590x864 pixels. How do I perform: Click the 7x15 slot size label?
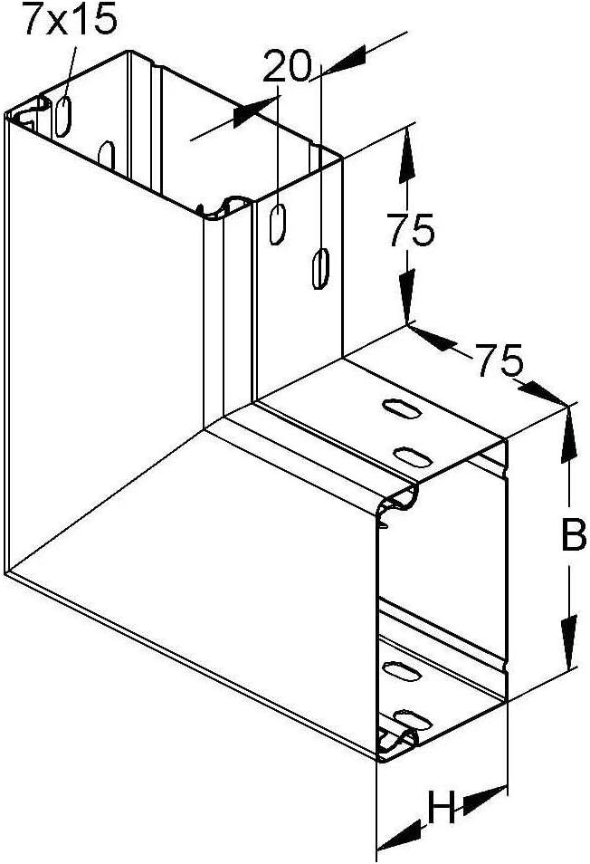(70, 19)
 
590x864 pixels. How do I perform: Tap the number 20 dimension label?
(287, 65)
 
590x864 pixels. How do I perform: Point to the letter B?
(573, 536)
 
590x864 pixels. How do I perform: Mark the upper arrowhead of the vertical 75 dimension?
(408, 150)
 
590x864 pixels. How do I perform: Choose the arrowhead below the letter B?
(569, 646)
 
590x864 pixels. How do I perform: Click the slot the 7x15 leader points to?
(64, 113)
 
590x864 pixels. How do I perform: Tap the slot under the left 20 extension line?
(276, 224)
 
